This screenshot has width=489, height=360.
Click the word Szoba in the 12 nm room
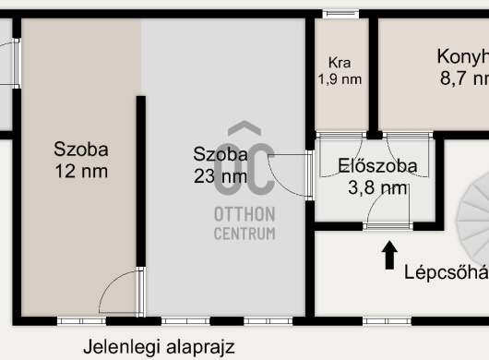coord(81,150)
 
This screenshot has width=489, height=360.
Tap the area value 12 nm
coord(81,171)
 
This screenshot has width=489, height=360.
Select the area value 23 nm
coord(220,175)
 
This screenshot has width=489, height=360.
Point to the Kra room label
coord(340,64)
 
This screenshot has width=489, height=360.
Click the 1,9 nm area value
coord(340,79)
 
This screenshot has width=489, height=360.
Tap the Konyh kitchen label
coord(462,56)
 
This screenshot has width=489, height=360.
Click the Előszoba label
coord(377,167)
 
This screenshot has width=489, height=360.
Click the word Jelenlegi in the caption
coord(119,347)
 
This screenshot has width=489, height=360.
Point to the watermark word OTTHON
coord(244,214)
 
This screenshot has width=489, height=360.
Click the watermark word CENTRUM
coord(244,234)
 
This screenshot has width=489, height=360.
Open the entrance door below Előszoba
coord(388,224)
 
